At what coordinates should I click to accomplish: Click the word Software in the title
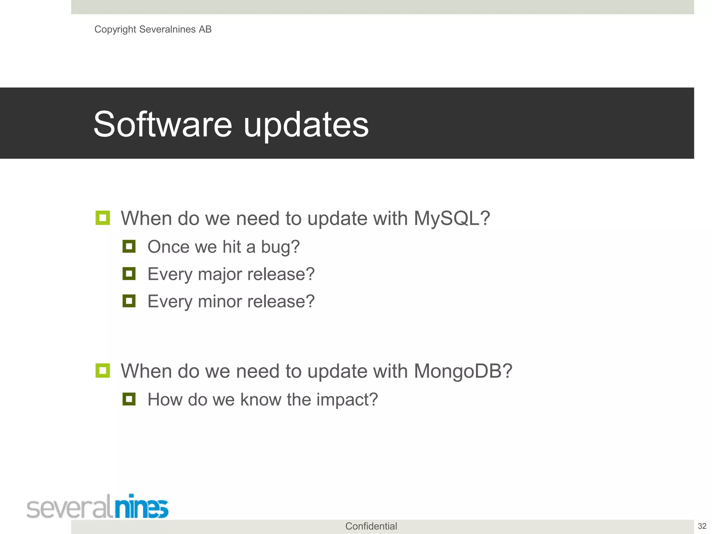coord(163,124)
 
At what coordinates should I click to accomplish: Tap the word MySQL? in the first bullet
coord(452,219)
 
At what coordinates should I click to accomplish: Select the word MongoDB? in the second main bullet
coord(463,371)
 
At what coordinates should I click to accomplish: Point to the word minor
coord(220,301)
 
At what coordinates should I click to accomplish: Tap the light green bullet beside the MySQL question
coord(103,218)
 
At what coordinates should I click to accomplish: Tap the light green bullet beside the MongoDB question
coord(103,371)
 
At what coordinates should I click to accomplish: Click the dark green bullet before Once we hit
coord(129,246)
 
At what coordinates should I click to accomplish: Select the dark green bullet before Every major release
coord(129,274)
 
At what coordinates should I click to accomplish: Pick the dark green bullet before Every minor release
coord(129,301)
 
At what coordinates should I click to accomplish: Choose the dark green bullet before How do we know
coord(129,399)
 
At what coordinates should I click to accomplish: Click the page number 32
coord(702,526)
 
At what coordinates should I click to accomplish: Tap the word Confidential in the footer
coord(371,526)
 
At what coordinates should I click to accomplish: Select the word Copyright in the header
coord(115,30)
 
